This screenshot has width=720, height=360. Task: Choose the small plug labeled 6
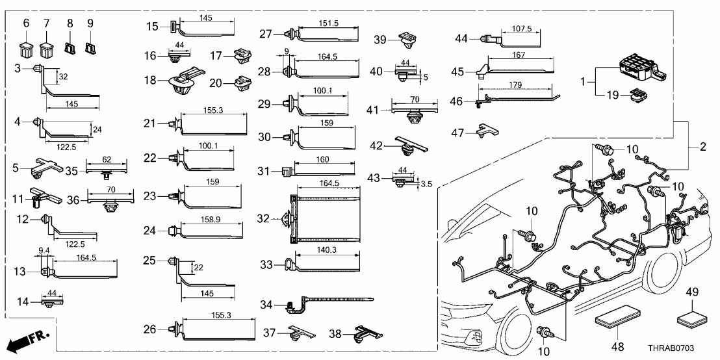(26, 48)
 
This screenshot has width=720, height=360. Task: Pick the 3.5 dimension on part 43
(426, 185)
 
